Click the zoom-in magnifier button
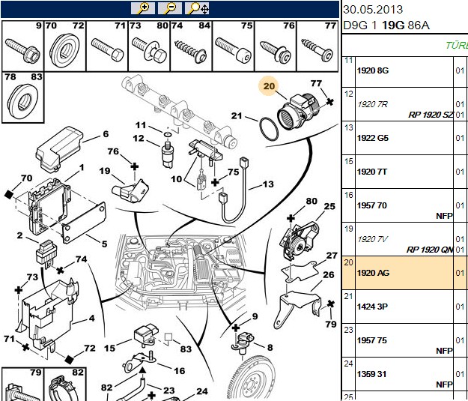point(143,8)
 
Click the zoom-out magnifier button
point(170,8)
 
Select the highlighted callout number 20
point(269,86)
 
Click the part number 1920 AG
point(373,273)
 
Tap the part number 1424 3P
point(372,307)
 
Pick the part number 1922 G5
point(373,138)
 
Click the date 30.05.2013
point(373,10)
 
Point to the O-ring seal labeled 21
point(269,129)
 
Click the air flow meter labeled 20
point(299,112)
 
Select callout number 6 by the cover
point(106,134)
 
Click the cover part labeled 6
point(59,149)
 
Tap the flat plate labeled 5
point(84,222)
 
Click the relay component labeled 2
point(46,253)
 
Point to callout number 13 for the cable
point(268,184)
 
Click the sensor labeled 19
point(130,190)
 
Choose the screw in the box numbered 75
point(234,49)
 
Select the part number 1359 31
point(371,374)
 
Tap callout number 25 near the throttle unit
point(329,206)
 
